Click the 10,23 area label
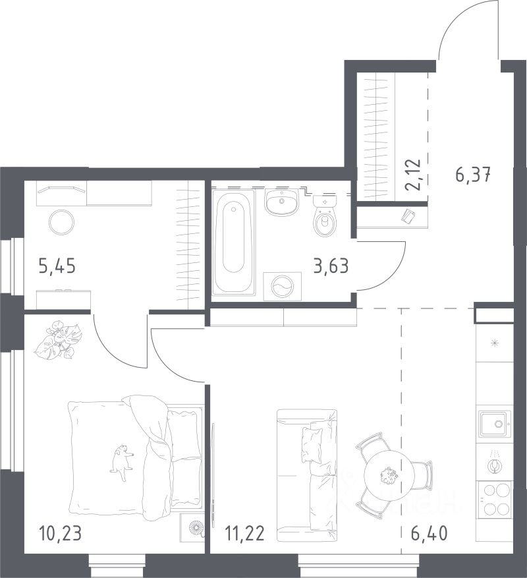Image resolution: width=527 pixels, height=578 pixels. click(x=60, y=534)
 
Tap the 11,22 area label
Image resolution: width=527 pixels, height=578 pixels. click(x=245, y=534)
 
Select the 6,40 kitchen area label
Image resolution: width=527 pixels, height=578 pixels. click(x=430, y=533)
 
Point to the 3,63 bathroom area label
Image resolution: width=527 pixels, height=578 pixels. click(x=331, y=266)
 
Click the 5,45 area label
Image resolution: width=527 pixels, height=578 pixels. click(x=57, y=266)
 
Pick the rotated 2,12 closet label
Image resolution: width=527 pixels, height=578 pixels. click(x=412, y=175)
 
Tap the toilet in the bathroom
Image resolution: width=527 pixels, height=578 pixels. click(x=325, y=216)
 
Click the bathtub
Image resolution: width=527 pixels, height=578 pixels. click(x=234, y=243)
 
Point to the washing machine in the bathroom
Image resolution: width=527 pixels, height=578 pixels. click(x=283, y=287)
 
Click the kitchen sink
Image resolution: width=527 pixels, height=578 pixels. click(x=495, y=424)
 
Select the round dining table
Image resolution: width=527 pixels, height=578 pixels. click(x=386, y=475)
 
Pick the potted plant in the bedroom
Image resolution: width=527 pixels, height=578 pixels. click(x=58, y=339)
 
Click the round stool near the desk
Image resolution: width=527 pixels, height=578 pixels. click(x=61, y=222)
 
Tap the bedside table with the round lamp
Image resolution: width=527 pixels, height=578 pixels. click(x=192, y=528)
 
